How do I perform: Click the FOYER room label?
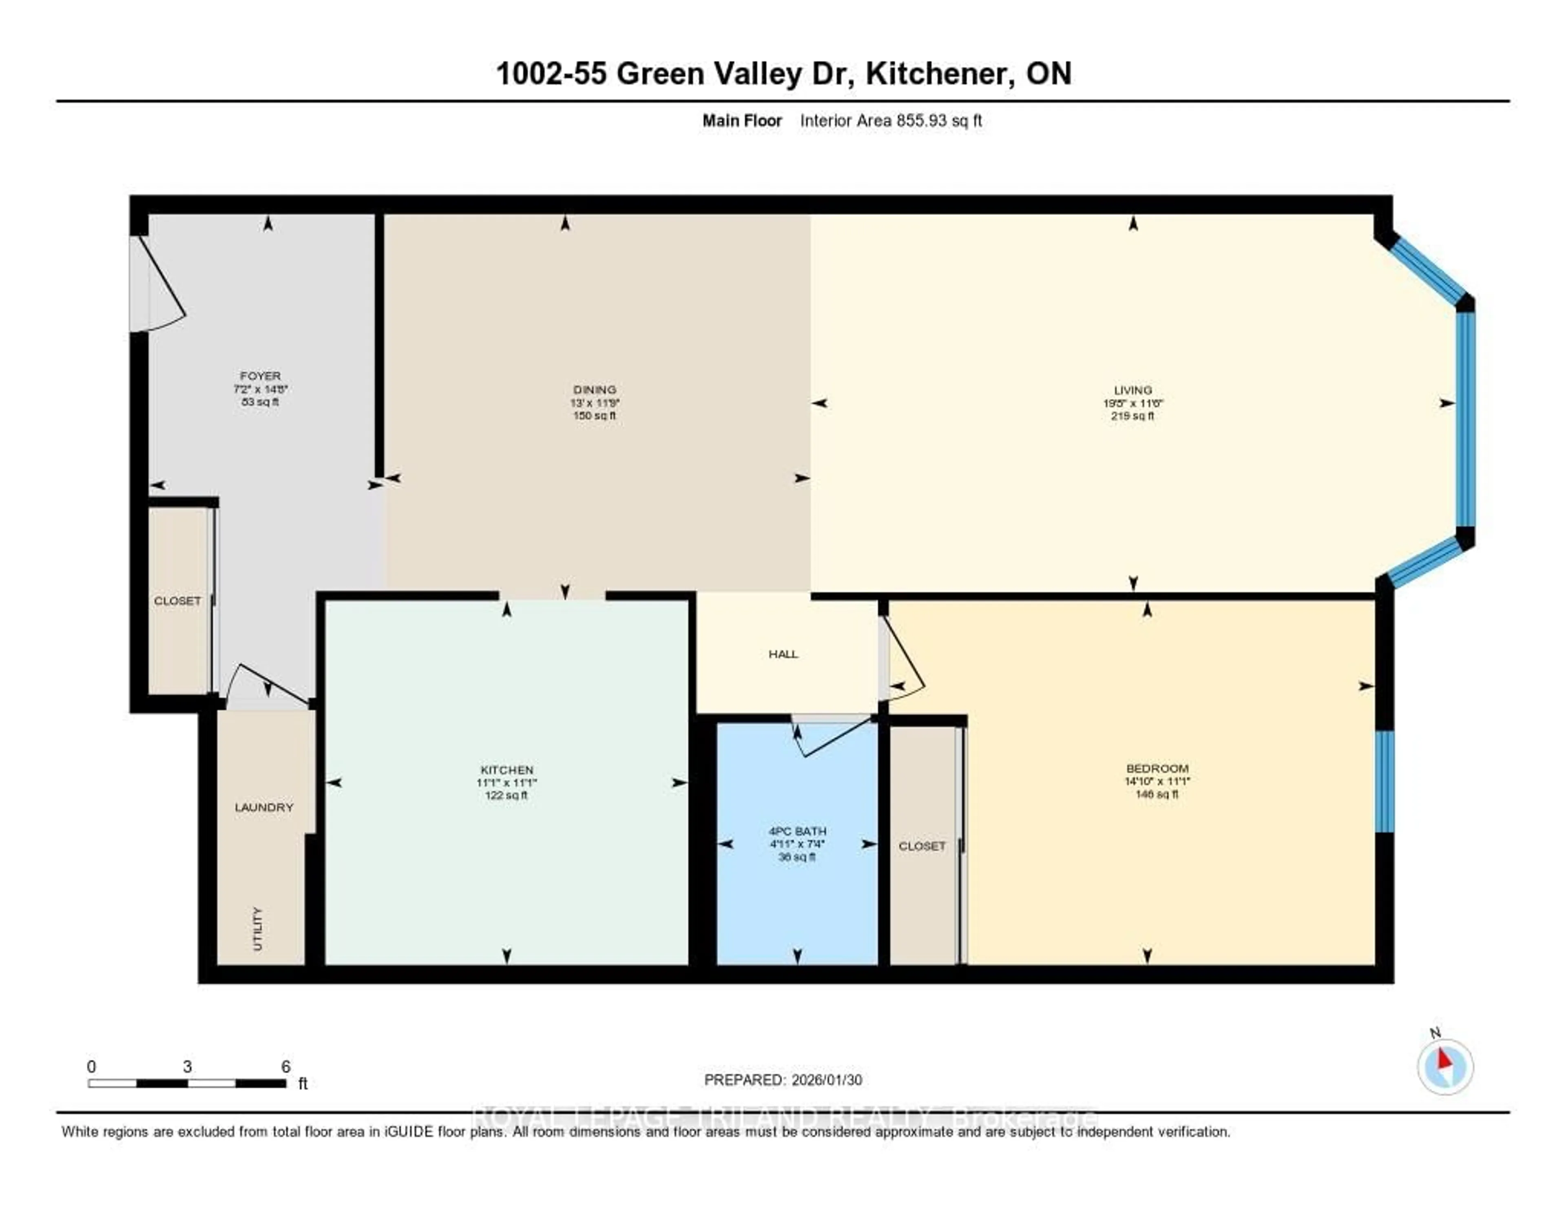pos(259,376)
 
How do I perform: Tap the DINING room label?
pos(595,390)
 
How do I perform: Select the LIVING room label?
pos(1133,390)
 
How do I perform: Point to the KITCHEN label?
pos(507,769)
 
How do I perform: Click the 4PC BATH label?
pos(797,831)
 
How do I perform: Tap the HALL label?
pos(783,654)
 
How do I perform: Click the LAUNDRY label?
pos(264,807)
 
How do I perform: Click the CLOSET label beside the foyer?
pos(177,601)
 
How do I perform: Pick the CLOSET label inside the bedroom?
pos(922,847)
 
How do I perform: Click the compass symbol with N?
pos(1445,1066)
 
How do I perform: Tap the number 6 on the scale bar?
pos(285,1066)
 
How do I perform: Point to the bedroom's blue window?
pos(1385,781)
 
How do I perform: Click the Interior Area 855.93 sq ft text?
pos(891,120)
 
